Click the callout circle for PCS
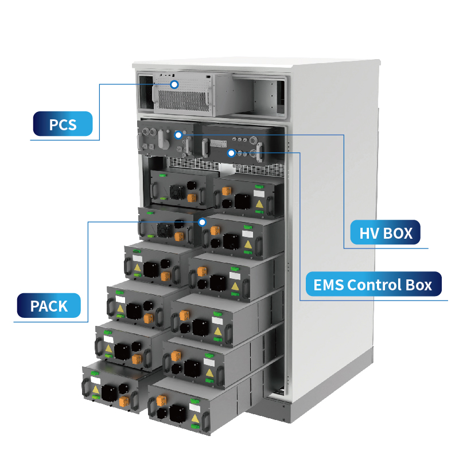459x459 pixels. point(174,84)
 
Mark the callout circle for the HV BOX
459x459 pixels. point(178,135)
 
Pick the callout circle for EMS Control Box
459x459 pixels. point(231,153)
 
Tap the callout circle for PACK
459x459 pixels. point(202,221)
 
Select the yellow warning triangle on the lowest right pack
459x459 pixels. point(195,419)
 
